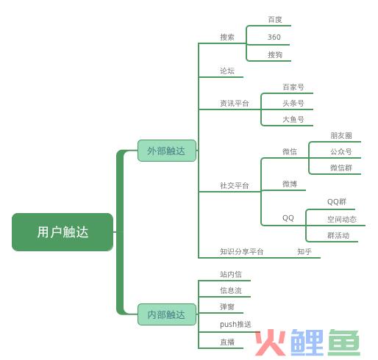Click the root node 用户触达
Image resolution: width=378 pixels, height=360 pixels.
pos(63,232)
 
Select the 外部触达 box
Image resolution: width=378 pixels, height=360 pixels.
pos(167,151)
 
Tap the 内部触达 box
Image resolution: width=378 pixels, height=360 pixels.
pos(167,314)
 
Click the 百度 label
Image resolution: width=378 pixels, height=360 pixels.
pos(275,19)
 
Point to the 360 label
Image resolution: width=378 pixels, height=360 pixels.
pos(274,37)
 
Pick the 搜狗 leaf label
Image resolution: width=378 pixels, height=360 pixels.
pos(275,54)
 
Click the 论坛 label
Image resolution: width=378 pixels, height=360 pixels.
pos(227,71)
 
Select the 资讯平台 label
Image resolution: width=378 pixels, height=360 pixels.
pos(235,103)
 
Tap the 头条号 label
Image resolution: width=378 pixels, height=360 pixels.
pos(293,103)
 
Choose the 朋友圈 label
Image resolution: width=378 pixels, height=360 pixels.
pos(341,135)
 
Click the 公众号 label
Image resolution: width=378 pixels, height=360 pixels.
pos(341,151)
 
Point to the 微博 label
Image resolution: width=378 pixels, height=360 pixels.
pos(290,184)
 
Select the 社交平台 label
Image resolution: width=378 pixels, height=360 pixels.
pos(235,185)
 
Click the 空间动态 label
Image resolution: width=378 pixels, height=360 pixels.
pos(342,219)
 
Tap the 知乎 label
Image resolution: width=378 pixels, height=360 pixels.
pos(304,251)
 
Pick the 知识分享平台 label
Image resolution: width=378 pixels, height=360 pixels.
pos(241,251)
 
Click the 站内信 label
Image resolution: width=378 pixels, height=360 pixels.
pos(231,274)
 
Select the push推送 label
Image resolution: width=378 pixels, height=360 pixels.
pos(235,324)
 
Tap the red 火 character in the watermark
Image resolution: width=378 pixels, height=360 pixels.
pos(271,342)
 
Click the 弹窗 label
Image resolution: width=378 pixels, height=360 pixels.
pos(227,306)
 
